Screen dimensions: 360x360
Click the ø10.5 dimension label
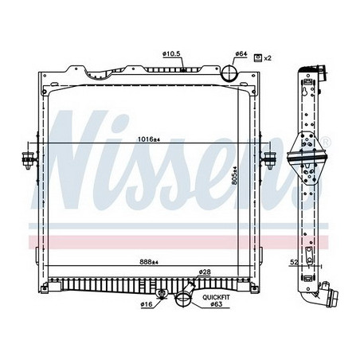point(173,53)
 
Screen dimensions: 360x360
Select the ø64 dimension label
point(240,53)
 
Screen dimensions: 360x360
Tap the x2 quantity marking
point(268,58)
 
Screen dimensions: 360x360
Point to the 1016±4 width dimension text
point(147,140)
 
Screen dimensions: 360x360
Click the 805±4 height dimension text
point(234,171)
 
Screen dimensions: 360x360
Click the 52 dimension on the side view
point(294,260)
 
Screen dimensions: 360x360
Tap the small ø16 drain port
point(162,298)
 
